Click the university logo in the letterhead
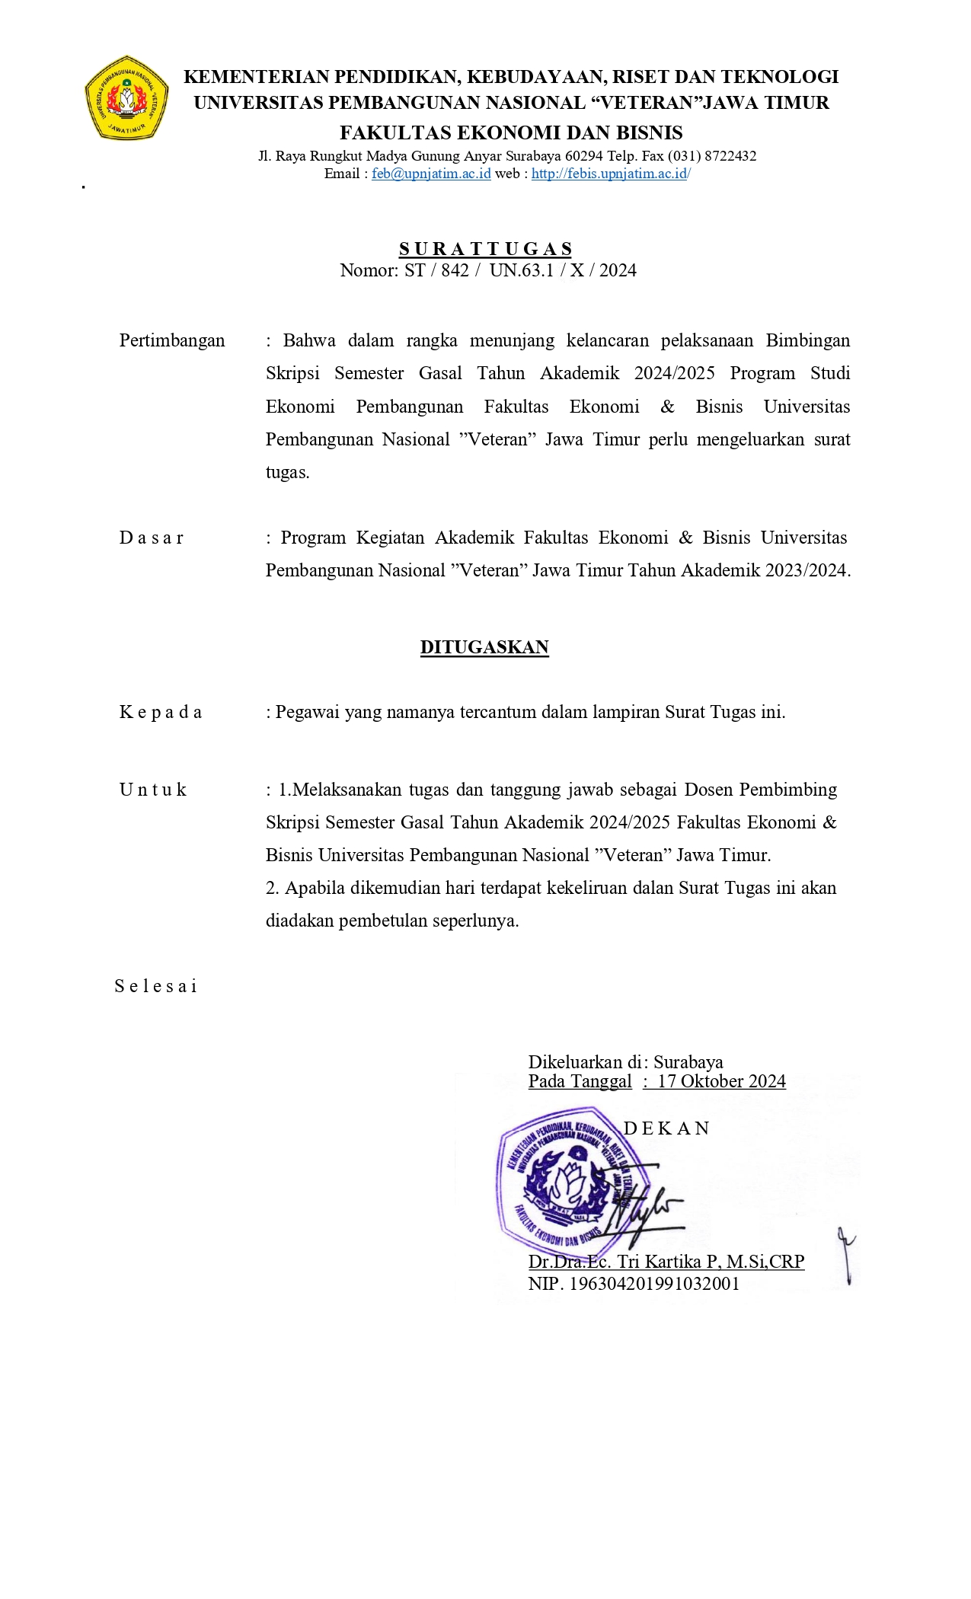click(x=126, y=97)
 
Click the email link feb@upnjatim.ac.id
click(x=431, y=174)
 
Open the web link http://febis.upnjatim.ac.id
click(x=609, y=174)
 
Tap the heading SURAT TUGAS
click(x=485, y=249)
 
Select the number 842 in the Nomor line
click(x=455, y=270)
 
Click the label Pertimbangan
click(x=172, y=340)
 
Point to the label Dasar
click(x=152, y=538)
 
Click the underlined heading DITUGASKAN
click(x=484, y=647)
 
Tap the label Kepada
click(x=161, y=712)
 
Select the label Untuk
click(x=153, y=790)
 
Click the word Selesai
click(x=156, y=986)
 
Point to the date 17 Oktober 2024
click(x=721, y=1081)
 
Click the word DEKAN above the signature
click(x=666, y=1128)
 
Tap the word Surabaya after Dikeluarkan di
click(x=688, y=1062)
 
